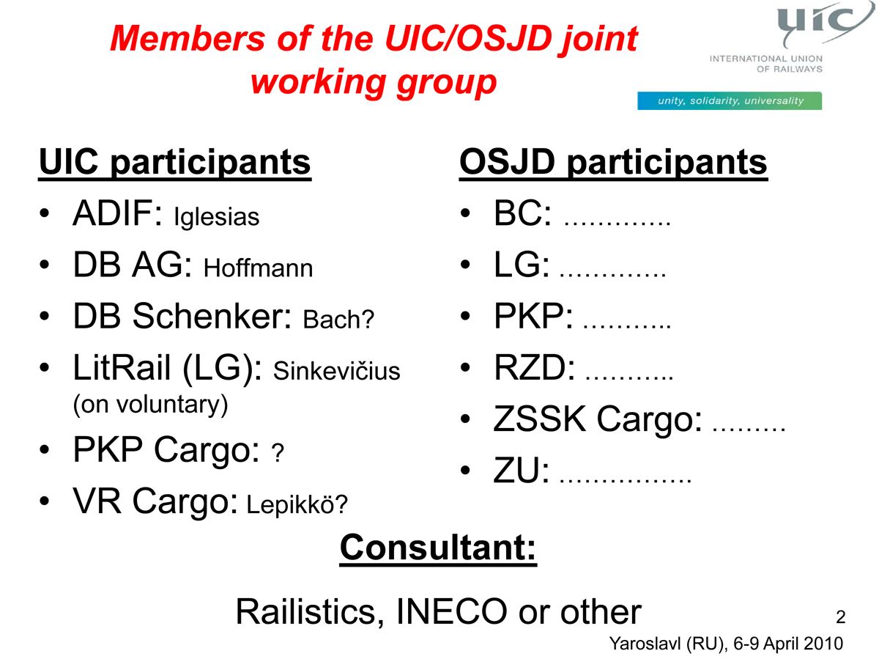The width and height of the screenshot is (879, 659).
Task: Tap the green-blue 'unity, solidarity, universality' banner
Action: [730, 100]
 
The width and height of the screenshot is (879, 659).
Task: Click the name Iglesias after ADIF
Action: [217, 218]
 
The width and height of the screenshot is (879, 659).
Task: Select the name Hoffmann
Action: [259, 268]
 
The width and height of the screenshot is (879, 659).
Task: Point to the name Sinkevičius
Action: [336, 371]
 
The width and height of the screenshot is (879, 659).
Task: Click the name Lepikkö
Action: [290, 504]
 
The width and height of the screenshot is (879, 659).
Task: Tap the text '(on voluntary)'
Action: [151, 405]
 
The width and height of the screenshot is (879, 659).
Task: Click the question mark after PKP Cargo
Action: [278, 453]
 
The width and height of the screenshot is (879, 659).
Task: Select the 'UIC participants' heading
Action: [174, 162]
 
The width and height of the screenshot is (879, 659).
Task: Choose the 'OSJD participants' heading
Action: [614, 162]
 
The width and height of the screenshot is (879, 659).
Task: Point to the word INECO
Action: [452, 611]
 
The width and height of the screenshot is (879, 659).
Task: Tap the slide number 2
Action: [841, 616]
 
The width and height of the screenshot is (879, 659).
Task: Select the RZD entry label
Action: [534, 368]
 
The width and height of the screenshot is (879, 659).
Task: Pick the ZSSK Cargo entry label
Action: [598, 419]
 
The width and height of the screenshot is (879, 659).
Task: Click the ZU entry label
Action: [521, 471]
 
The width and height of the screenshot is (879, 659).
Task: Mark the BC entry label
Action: [522, 213]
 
